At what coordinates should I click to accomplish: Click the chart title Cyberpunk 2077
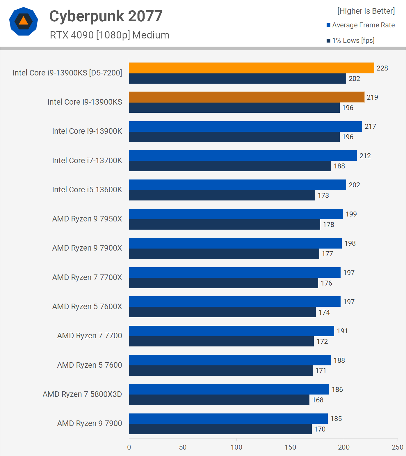(106, 16)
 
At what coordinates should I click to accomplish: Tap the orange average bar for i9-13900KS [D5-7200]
(251, 68)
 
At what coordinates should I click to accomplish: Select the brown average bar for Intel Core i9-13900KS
(247, 97)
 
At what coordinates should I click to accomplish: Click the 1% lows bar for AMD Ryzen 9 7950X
(225, 224)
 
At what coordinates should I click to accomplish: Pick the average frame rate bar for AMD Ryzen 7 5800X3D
(229, 389)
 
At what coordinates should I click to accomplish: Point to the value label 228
(382, 68)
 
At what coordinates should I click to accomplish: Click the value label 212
(365, 156)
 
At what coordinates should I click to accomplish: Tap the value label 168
(318, 400)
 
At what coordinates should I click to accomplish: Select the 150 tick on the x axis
(290, 447)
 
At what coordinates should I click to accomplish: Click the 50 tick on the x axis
(183, 447)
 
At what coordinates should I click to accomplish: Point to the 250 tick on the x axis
(397, 447)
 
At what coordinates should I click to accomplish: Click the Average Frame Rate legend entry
(363, 25)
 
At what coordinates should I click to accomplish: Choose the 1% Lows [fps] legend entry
(353, 41)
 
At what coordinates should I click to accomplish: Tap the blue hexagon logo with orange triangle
(24, 21)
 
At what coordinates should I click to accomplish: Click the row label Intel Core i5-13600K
(87, 190)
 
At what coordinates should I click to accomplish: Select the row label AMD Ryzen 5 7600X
(87, 307)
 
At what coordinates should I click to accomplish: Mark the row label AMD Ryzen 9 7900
(90, 423)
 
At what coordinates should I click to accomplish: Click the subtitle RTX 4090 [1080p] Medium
(109, 35)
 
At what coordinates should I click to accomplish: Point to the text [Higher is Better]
(366, 11)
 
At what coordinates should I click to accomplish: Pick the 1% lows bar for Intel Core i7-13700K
(230, 166)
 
